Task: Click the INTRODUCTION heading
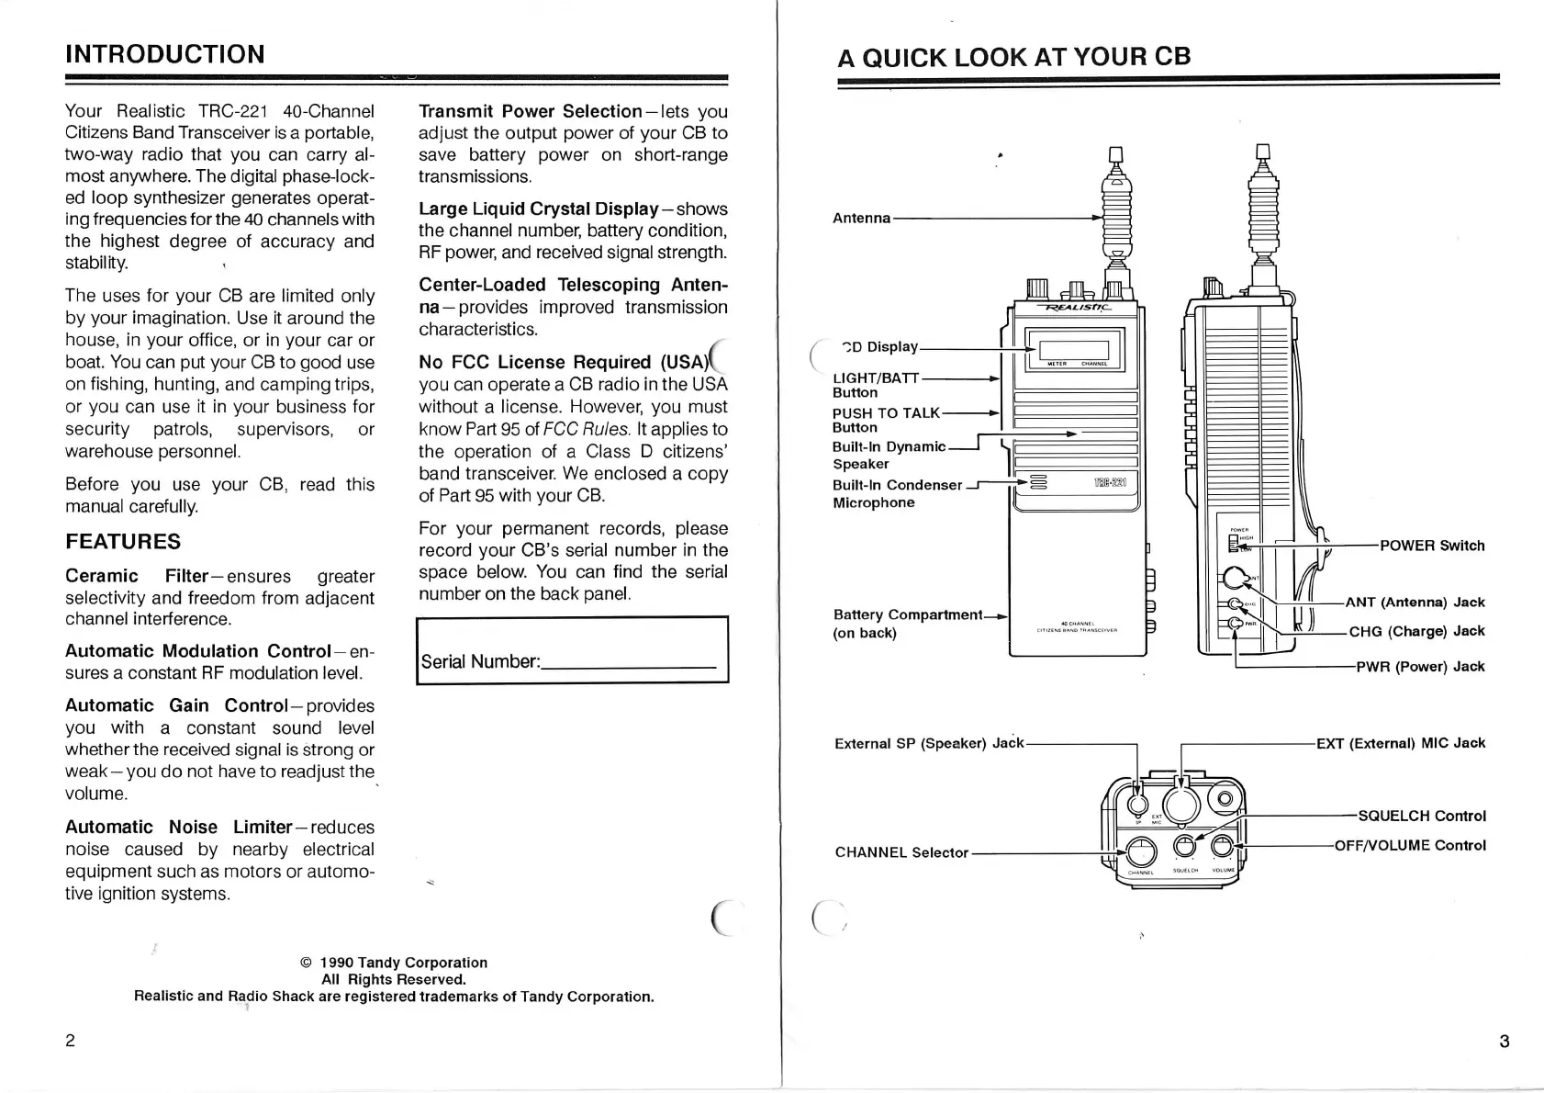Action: [165, 54]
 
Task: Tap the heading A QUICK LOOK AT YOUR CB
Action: [1013, 57]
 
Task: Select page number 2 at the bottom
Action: [71, 1041]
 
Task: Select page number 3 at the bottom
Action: [1504, 1042]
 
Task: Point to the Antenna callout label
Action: [861, 219]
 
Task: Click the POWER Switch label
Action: [1432, 546]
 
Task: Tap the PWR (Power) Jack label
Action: [1420, 667]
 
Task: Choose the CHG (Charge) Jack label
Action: [1416, 631]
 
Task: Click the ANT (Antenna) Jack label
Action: [1415, 603]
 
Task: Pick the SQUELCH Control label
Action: [1422, 816]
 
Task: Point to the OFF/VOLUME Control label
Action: [1410, 845]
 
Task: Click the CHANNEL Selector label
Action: [901, 852]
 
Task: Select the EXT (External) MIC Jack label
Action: [1401, 743]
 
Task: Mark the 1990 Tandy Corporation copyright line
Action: [394, 963]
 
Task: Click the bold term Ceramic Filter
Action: [137, 576]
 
